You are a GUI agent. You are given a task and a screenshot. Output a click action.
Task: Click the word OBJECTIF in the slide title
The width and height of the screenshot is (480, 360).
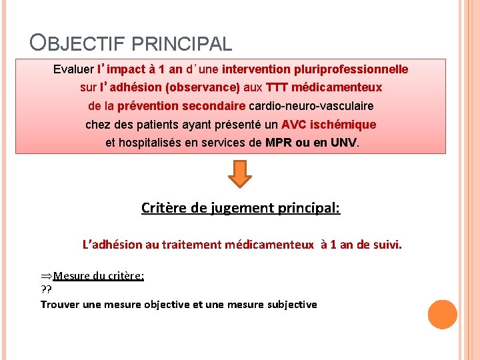79,44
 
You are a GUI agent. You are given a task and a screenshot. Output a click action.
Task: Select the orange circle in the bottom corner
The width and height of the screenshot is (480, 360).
443,315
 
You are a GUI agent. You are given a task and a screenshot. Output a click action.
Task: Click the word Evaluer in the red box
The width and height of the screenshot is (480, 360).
73,69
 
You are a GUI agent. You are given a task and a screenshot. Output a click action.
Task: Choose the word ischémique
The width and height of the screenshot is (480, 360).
343,125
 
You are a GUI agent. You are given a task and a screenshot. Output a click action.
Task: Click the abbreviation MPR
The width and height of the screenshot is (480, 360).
279,143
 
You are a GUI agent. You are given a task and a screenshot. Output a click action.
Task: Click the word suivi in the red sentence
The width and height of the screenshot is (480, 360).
388,245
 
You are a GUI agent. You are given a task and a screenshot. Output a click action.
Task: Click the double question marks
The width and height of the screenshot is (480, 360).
47,289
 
